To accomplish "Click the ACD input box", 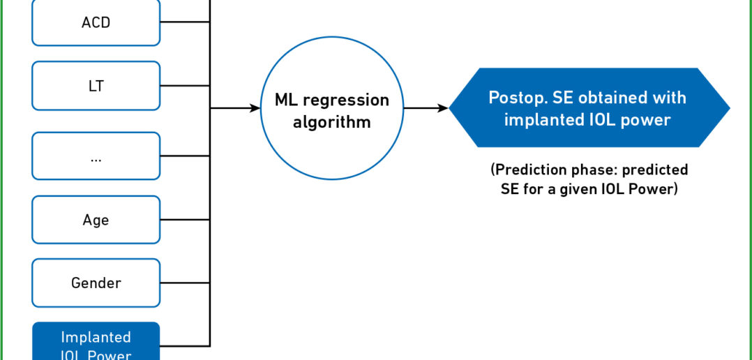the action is (96, 22).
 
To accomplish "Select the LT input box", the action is (96, 86).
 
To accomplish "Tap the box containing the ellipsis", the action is (96, 156).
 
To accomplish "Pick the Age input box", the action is (96, 220).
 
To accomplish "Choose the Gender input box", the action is (96, 283).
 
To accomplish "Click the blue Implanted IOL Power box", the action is (96, 341).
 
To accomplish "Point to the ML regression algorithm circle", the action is (332, 108).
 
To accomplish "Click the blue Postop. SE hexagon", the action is (589, 107).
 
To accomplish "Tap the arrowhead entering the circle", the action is (255, 108).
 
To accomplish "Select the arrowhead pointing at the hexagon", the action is (443, 108).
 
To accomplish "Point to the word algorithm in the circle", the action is (332, 122).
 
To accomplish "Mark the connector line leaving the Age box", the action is (185, 220).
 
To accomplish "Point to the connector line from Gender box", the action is (185, 283).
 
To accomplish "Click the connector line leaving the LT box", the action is (185, 86).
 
